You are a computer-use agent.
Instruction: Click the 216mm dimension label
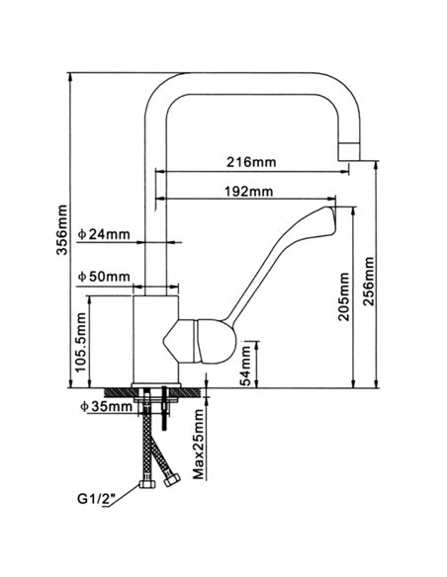click(x=250, y=161)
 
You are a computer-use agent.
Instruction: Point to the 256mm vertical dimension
click(x=369, y=280)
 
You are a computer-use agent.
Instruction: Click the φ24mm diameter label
click(x=106, y=234)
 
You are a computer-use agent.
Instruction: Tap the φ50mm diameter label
click(x=104, y=276)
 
